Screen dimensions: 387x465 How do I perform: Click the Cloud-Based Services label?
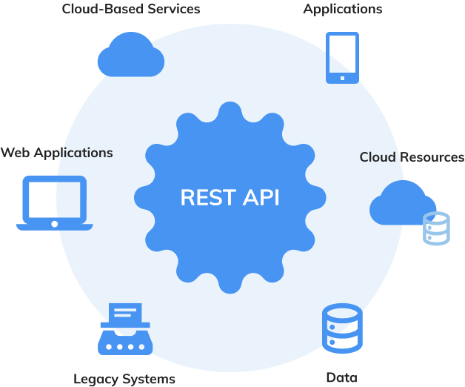131,10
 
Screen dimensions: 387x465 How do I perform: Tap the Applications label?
343,10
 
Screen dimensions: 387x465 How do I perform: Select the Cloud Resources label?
412,157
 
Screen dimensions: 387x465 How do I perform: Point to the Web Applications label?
57,153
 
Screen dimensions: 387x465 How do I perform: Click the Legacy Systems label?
124,379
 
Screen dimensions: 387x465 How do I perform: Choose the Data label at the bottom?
341,378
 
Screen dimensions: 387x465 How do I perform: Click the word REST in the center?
207,198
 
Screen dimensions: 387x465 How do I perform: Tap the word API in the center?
260,198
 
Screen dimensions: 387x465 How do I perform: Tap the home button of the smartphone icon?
342,76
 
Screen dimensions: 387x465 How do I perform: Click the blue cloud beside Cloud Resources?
401,202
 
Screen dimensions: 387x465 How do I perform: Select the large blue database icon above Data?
342,328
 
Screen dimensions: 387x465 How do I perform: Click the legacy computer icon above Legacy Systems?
124,328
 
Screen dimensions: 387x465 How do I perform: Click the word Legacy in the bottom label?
96,379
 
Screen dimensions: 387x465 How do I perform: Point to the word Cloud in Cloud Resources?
378,157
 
